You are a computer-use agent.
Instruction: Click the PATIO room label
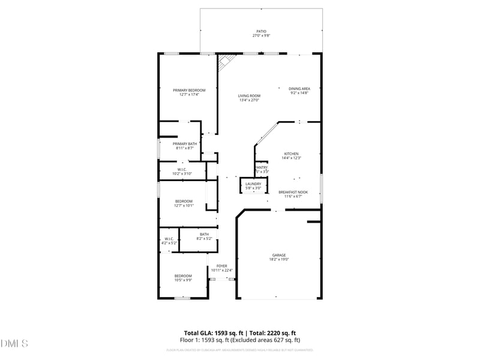click(261, 31)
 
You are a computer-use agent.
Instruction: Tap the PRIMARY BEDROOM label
click(189, 90)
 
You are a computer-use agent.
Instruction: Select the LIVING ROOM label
click(249, 95)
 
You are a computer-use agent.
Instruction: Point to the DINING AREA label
click(299, 88)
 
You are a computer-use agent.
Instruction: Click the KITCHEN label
click(291, 154)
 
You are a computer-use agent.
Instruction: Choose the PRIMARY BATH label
click(185, 143)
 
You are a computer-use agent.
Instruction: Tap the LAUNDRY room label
click(253, 184)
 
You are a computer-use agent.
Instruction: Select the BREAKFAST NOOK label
click(293, 192)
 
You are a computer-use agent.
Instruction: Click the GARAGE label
click(279, 255)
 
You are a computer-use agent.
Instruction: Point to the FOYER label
click(222, 266)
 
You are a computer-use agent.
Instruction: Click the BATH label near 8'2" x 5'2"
click(205, 234)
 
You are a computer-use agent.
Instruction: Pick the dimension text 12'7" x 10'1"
click(184, 205)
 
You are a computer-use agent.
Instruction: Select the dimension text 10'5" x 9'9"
click(183, 280)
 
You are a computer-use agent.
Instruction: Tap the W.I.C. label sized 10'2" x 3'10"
click(182, 169)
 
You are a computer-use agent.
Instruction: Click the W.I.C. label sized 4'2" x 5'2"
click(169, 239)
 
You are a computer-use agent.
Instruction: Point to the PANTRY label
click(262, 167)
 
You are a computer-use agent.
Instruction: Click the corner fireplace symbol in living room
click(226, 61)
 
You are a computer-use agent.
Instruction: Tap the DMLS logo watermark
click(14, 344)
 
